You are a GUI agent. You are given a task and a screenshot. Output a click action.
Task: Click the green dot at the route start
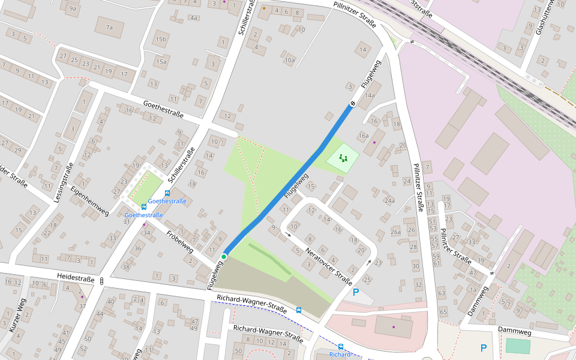(x=224, y=257)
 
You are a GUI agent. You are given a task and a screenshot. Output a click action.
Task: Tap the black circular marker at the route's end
(x=352, y=103)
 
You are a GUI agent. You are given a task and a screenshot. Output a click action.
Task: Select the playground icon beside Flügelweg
(x=343, y=158)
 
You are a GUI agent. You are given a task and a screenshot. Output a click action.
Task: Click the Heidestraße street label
(x=76, y=278)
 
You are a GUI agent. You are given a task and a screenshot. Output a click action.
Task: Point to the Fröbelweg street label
(x=179, y=240)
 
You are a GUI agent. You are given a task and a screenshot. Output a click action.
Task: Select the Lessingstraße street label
(x=65, y=182)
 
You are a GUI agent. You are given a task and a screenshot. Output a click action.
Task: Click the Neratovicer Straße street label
(x=328, y=266)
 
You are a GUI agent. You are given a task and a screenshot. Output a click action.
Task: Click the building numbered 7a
(x=109, y=28)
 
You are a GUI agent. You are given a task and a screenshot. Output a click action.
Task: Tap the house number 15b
(x=160, y=40)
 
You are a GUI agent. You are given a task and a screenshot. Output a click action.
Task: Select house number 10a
(x=290, y=60)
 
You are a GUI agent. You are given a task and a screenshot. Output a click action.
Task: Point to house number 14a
(x=370, y=95)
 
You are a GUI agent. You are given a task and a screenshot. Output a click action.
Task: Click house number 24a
(x=390, y=200)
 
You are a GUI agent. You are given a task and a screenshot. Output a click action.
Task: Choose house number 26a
(x=395, y=232)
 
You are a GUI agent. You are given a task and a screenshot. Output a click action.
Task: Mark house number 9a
(x=73, y=8)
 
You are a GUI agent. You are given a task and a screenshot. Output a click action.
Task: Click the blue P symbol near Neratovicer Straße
(x=356, y=292)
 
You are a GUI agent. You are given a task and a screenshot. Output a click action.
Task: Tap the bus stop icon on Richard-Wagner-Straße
(x=299, y=310)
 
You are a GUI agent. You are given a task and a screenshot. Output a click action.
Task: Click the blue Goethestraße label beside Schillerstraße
(x=167, y=201)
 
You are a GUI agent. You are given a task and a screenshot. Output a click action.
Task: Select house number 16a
(x=364, y=136)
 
